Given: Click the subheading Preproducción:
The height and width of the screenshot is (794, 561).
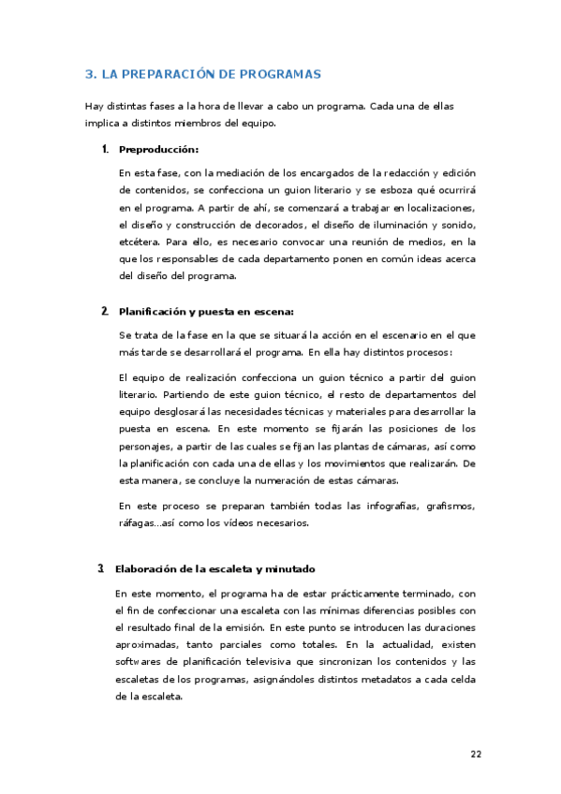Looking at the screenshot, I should [158, 149].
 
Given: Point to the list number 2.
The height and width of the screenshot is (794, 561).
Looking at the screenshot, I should [103, 311].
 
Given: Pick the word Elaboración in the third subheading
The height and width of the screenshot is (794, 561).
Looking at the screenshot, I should [148, 568].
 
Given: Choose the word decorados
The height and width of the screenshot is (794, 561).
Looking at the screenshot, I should [279, 225].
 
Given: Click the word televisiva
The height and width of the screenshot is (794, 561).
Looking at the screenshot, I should [268, 662].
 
